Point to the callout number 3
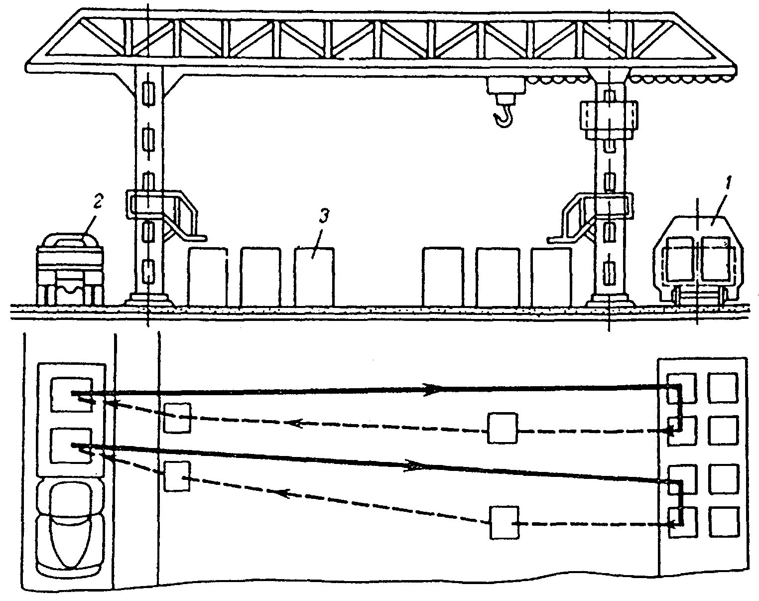tap(323, 217)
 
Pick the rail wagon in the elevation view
tap(697, 259)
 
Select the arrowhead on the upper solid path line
tap(431, 389)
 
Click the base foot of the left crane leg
tap(148, 300)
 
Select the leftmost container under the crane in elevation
tap(207, 277)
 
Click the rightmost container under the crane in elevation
tap(550, 277)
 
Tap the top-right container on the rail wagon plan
tap(723, 387)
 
